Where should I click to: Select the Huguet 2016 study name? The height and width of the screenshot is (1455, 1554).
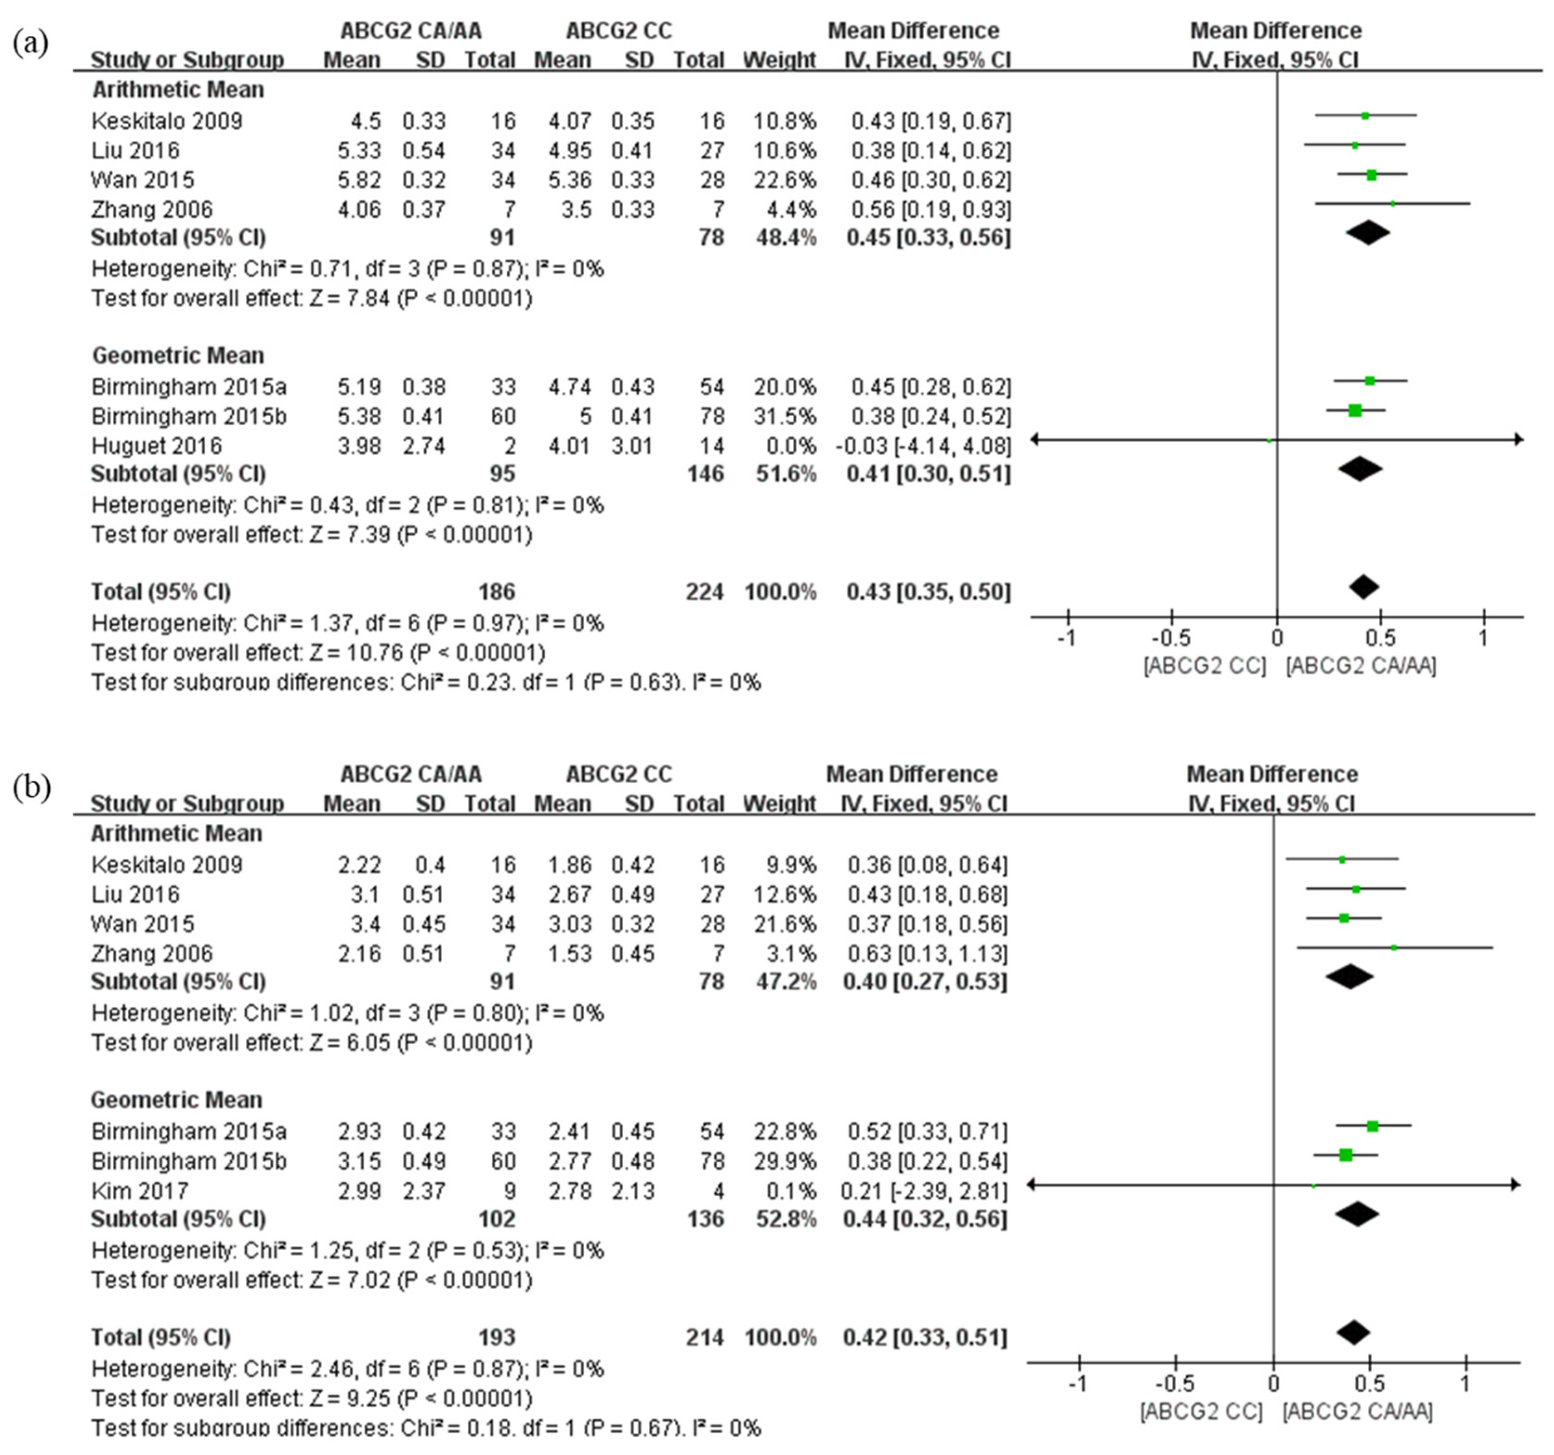pyautogui.click(x=157, y=446)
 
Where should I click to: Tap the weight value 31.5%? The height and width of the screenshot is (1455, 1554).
pyautogui.click(x=786, y=416)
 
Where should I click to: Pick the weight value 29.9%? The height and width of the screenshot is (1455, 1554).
pyautogui.click(x=786, y=1161)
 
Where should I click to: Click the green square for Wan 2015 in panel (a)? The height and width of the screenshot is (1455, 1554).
pyautogui.click(x=1371, y=174)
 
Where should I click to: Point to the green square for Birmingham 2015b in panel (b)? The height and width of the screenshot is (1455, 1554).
pyautogui.click(x=1345, y=1155)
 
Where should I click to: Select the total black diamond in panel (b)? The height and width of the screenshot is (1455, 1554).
pyautogui.click(x=1354, y=1332)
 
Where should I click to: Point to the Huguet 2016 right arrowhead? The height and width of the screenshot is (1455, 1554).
pyautogui.click(x=1519, y=439)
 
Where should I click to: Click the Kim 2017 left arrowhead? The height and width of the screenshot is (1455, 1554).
pyautogui.click(x=1032, y=1185)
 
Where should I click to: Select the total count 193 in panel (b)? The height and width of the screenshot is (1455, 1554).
pyautogui.click(x=496, y=1337)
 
